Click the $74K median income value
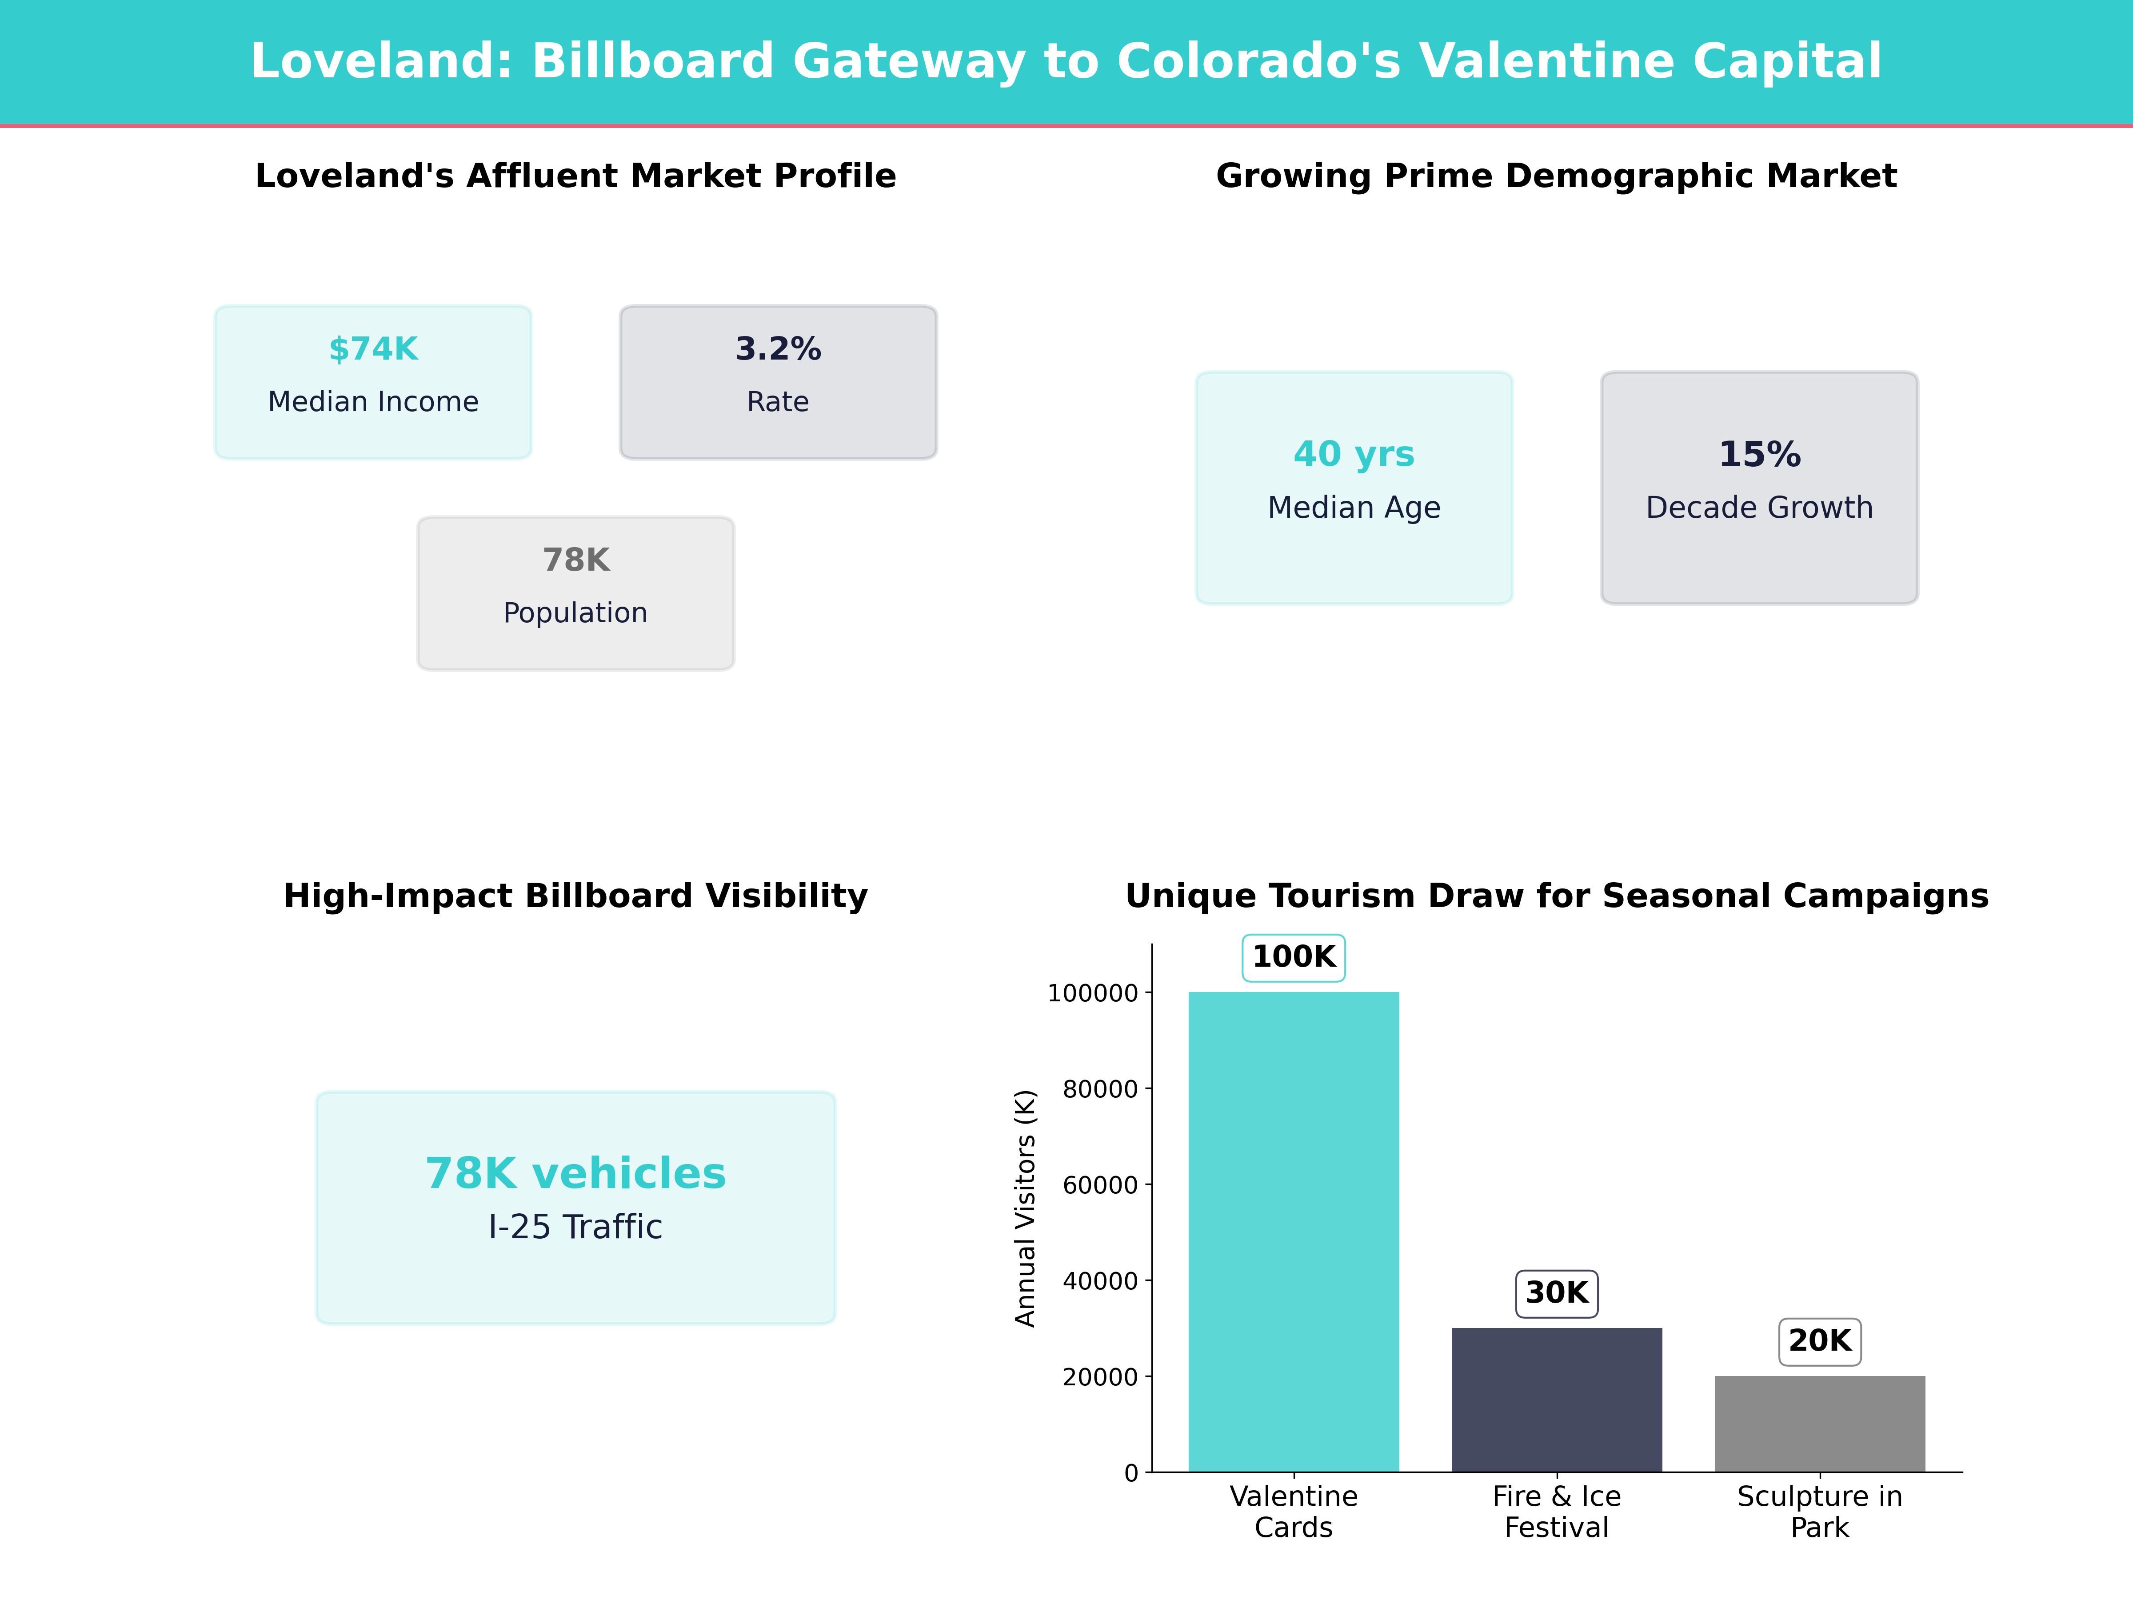pos(373,349)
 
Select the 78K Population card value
pos(575,560)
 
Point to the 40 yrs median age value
pos(1354,454)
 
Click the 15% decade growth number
pos(1759,454)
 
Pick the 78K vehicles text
pos(575,1174)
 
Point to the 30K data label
pos(1556,1293)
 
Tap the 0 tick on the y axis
pos(1131,1473)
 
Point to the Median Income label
pos(373,402)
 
